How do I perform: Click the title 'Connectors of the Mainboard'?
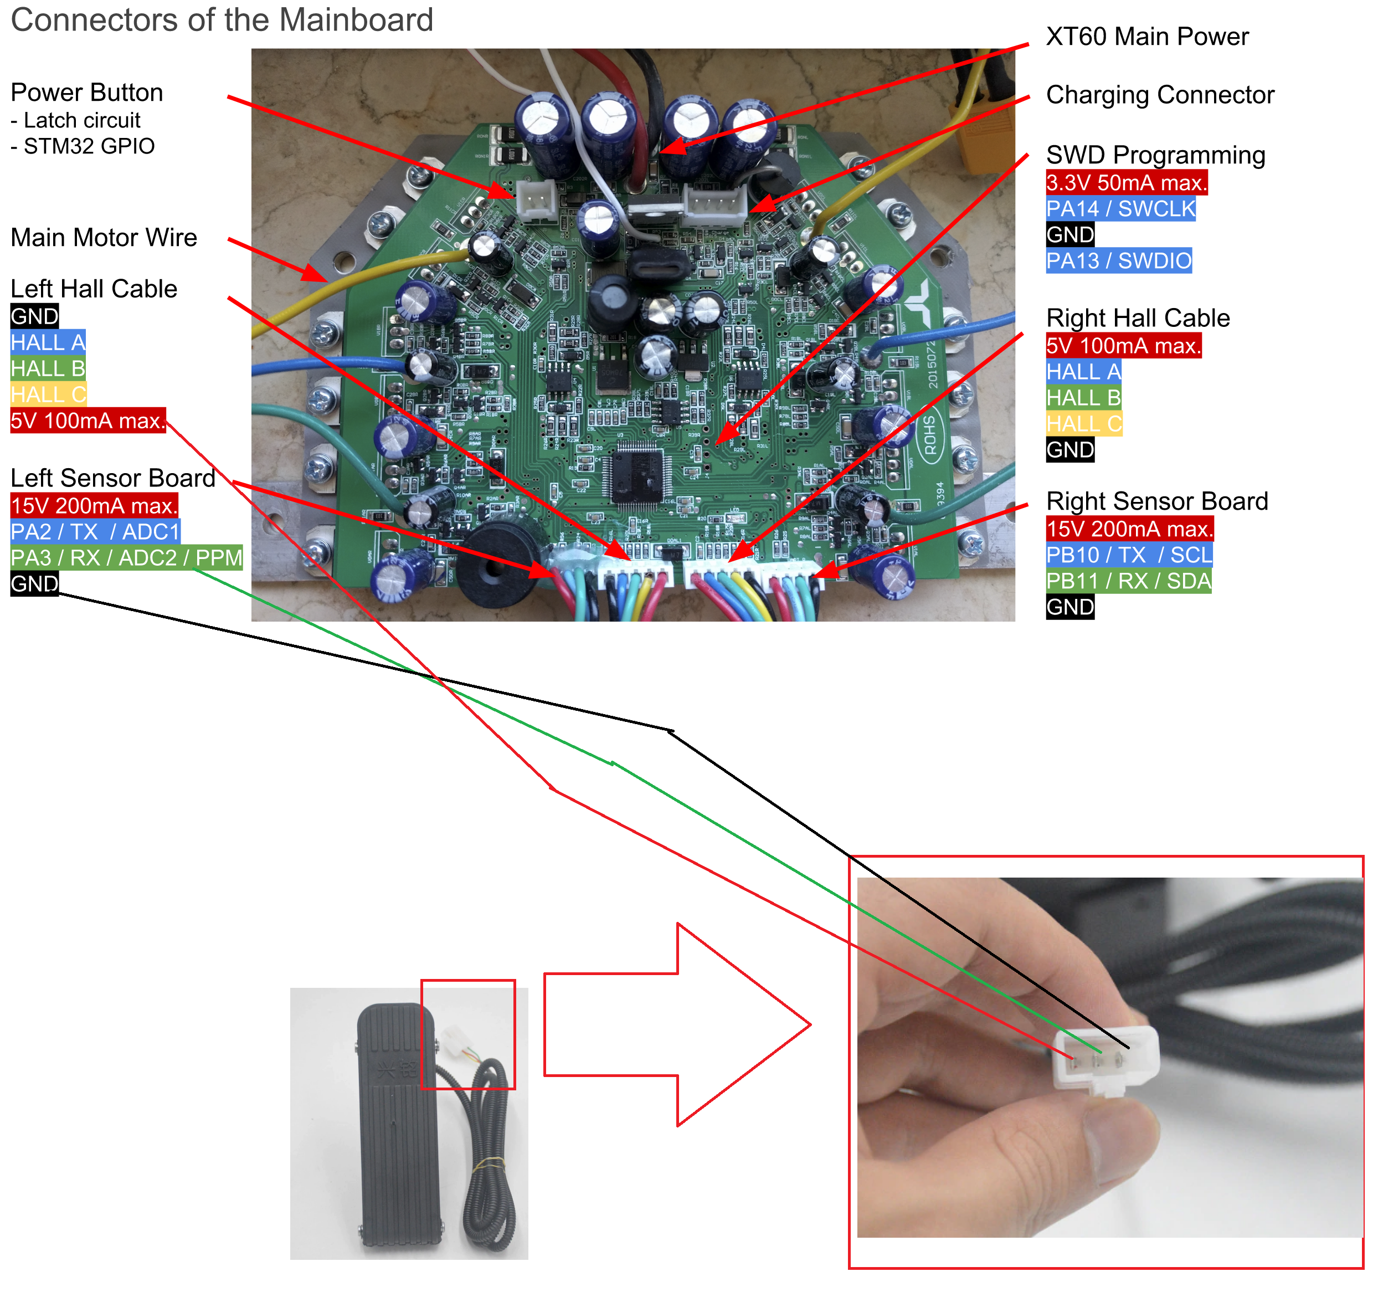click(222, 19)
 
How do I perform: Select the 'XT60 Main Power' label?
click(1146, 36)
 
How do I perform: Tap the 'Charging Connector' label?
click(1160, 94)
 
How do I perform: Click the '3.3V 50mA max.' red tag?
click(1127, 182)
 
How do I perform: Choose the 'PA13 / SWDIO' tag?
click(1118, 261)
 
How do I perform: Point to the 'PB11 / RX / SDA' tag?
click(1128, 581)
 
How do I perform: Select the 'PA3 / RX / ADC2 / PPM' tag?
click(126, 557)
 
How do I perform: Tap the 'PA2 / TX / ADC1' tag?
click(95, 532)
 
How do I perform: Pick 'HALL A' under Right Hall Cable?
click(1083, 372)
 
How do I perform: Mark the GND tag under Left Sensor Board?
click(34, 584)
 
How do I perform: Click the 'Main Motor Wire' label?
click(104, 237)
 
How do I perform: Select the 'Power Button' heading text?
click(86, 92)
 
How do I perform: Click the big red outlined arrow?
click(676, 1024)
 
